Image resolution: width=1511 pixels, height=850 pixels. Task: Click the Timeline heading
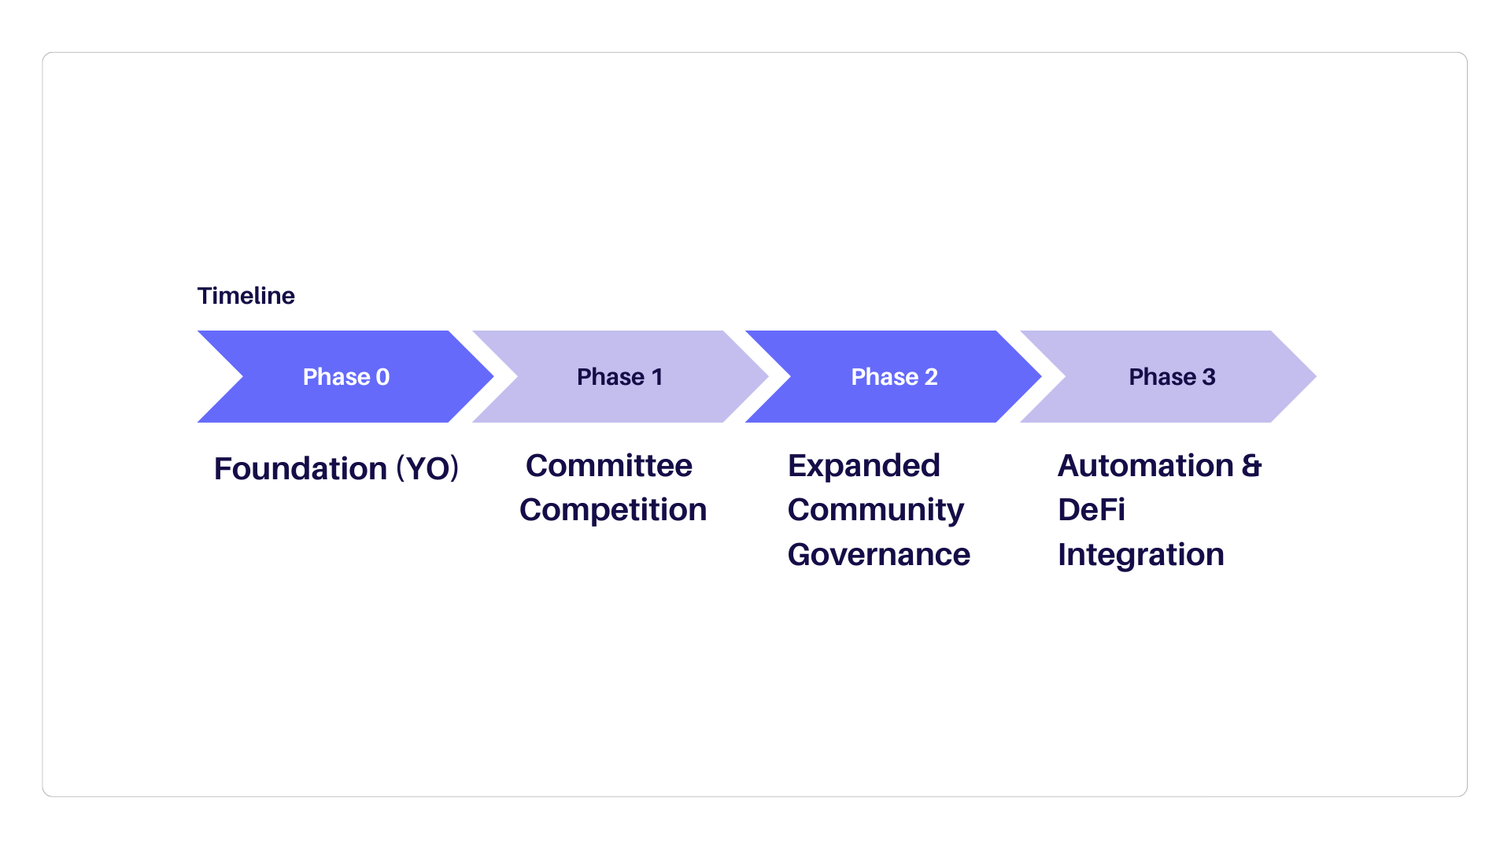[246, 296]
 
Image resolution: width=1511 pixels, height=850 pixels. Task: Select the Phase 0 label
[346, 377]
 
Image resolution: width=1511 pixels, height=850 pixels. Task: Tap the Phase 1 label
[620, 377]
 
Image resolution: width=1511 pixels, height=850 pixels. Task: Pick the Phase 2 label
[894, 377]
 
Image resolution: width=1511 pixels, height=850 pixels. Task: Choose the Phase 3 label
[1172, 377]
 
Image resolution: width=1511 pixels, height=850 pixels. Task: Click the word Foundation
[301, 468]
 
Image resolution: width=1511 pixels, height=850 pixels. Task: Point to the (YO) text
[427, 468]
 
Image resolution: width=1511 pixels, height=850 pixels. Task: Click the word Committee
[609, 465]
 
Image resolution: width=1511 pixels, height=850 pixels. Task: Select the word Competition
[613, 510]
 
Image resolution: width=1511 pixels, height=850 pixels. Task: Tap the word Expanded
[864, 466]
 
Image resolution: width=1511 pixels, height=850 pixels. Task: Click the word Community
[876, 510]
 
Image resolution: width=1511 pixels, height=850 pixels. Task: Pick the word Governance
[879, 554]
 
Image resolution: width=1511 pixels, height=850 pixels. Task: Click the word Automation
[1146, 465]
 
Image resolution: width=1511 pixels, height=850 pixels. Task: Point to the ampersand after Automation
[1252, 465]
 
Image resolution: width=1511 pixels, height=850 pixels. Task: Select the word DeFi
[1092, 509]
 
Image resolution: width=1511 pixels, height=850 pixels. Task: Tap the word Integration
[1141, 555]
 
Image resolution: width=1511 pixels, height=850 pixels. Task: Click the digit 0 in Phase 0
[382, 377]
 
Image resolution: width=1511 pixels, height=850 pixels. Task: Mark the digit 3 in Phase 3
[1209, 377]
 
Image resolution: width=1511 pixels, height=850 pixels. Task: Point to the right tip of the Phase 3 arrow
[1316, 376]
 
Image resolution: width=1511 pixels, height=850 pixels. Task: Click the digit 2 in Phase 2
[931, 377]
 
